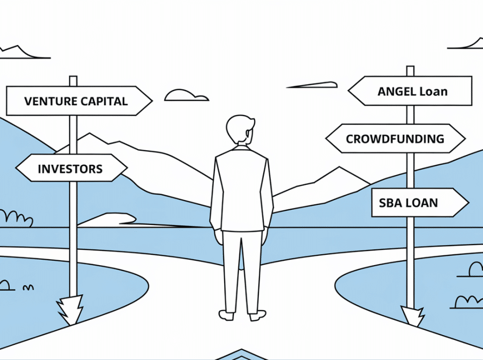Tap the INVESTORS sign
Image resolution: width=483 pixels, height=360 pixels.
(x=71, y=169)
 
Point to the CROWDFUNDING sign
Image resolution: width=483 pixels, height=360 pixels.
(x=395, y=139)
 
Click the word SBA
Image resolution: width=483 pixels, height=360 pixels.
(x=390, y=203)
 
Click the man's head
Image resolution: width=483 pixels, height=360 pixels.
(x=240, y=130)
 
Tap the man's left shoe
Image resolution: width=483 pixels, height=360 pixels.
(x=226, y=314)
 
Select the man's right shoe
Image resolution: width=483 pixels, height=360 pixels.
(x=257, y=314)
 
